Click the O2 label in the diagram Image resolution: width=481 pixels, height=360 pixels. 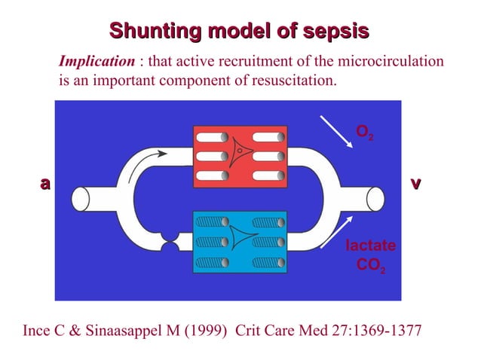click(x=364, y=133)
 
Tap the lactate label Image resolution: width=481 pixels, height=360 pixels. click(x=369, y=246)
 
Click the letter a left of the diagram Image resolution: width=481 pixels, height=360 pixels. click(x=45, y=183)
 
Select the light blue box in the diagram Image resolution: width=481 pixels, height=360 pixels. click(x=240, y=242)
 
